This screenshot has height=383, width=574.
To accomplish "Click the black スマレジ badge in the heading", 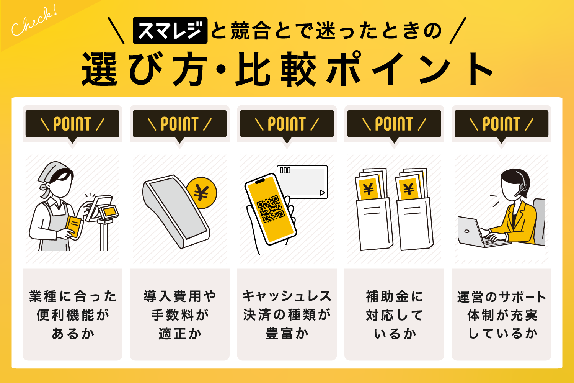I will [170, 31].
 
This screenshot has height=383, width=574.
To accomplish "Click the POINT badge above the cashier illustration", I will [72, 124].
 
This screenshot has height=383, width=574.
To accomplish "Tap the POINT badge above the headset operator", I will [501, 124].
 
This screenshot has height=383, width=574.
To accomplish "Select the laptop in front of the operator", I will [475, 232].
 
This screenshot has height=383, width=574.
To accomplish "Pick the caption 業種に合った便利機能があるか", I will [72, 315].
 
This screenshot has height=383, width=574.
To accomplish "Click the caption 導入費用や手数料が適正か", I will [179, 315].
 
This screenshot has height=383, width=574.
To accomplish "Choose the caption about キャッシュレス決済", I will [287, 315].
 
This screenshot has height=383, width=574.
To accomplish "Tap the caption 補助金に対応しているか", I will [394, 315].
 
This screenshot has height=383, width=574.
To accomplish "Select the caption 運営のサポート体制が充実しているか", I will [501, 315].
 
